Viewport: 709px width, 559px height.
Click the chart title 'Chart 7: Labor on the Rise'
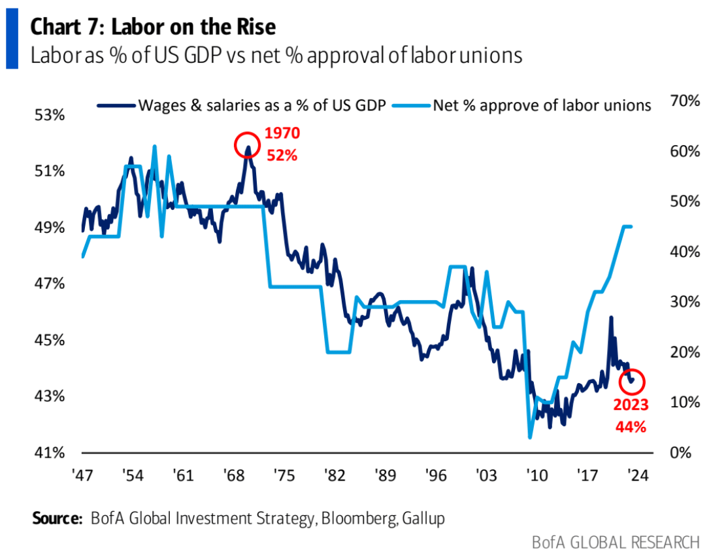tap(154, 27)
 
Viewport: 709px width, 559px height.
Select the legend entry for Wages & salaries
tap(254, 105)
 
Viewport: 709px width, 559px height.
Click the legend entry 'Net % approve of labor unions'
tap(533, 105)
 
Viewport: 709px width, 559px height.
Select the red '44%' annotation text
tap(631, 428)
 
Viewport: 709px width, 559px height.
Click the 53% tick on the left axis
tap(50, 116)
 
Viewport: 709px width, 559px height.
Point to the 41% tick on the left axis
tap(50, 452)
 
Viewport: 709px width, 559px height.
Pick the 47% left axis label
tap(50, 284)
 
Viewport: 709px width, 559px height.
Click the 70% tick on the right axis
tap(685, 101)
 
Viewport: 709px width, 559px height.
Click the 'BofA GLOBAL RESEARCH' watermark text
tap(615, 543)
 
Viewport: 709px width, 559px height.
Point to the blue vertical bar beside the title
tap(11, 41)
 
